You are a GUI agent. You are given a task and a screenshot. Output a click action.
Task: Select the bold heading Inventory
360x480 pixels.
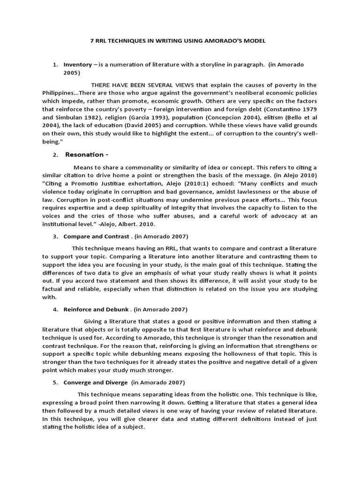click(x=77, y=64)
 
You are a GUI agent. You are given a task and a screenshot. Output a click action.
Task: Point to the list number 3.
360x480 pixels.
click(x=55, y=236)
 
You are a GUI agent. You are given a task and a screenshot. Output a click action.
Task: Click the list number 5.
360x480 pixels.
click(x=55, y=382)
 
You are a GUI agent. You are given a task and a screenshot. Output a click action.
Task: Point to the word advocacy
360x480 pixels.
click(x=284, y=216)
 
